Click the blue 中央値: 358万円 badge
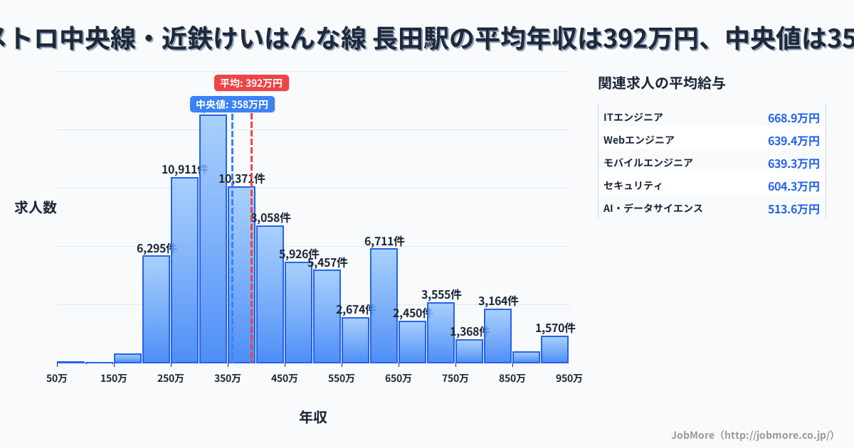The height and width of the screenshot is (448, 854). (x=232, y=105)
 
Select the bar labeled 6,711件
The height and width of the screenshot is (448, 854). (x=384, y=306)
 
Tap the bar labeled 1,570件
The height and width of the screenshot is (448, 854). (x=554, y=349)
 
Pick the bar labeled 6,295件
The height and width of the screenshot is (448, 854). (x=156, y=309)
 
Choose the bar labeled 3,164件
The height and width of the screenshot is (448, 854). (x=497, y=336)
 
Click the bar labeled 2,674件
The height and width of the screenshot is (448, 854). (x=355, y=340)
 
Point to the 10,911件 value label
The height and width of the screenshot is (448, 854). (x=184, y=169)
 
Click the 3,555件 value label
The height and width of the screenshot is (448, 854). (x=441, y=294)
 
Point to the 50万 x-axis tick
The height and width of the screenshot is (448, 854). (x=57, y=378)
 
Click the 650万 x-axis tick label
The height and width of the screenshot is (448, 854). (x=399, y=378)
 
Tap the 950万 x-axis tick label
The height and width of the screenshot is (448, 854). (x=569, y=378)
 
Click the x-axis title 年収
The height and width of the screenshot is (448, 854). (x=313, y=417)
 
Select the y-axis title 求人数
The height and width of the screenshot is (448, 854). (x=36, y=208)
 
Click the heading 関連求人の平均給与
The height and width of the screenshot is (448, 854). (x=662, y=83)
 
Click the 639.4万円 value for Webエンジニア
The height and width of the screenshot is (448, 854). (x=794, y=141)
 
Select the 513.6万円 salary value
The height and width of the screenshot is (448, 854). (x=794, y=209)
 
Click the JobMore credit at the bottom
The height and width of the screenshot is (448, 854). (x=752, y=434)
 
